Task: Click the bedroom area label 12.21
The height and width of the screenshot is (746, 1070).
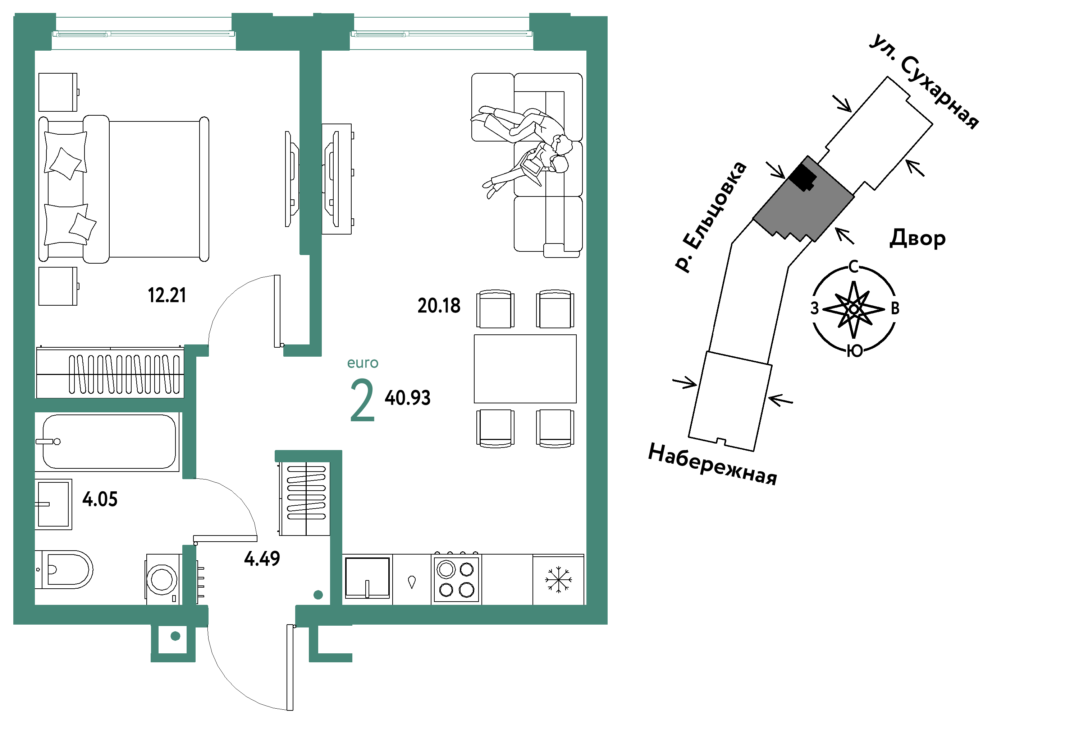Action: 167,295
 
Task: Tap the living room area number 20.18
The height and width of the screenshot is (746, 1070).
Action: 439,306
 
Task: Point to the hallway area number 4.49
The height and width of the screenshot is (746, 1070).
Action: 262,559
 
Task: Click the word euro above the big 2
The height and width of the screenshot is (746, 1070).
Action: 362,363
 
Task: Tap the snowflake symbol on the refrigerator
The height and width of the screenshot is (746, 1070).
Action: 558,580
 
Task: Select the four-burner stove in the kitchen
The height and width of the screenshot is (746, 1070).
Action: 457,579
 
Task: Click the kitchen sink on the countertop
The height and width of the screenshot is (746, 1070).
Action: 367,578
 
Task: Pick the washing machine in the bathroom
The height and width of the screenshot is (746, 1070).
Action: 164,580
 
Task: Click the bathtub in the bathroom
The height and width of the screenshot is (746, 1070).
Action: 109,441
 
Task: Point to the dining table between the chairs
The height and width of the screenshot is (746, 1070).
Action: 525,369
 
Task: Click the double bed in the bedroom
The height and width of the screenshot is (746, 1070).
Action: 123,189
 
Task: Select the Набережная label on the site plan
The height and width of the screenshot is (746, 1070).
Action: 712,464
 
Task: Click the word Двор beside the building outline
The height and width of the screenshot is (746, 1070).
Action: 917,238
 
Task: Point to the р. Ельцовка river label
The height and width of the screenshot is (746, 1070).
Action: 711,217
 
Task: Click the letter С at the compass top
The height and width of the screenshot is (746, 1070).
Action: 853,267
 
